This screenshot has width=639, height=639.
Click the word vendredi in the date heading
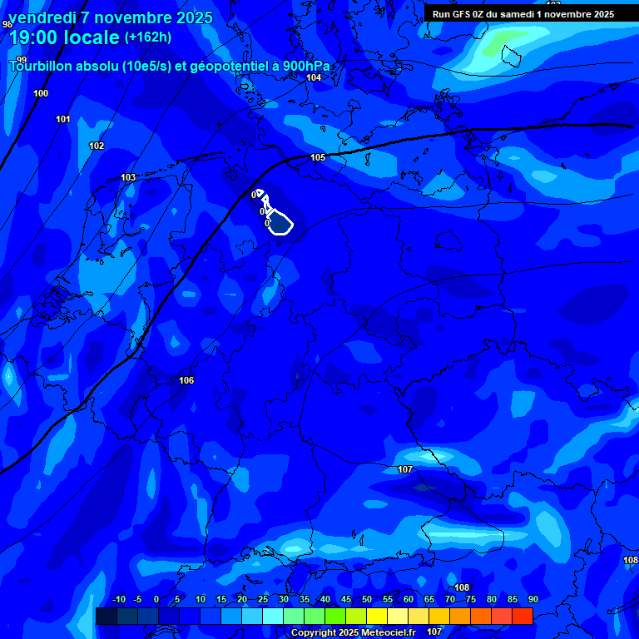(42, 17)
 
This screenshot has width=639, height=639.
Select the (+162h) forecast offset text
(148, 37)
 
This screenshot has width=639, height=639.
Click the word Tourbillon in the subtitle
(43, 67)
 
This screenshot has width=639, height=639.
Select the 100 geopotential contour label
(41, 94)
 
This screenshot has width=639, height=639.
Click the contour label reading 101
(63, 120)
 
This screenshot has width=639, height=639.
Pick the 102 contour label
(97, 146)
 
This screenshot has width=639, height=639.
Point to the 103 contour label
(128, 178)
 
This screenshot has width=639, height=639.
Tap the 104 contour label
(314, 78)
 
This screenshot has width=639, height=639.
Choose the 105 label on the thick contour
(318, 158)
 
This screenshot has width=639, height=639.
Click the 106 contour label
(187, 381)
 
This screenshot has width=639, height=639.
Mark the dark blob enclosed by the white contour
(281, 224)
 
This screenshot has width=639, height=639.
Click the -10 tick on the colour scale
(118, 600)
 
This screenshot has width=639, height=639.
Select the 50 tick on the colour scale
(367, 600)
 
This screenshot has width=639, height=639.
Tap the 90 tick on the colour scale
(532, 600)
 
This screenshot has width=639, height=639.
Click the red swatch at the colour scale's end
(523, 616)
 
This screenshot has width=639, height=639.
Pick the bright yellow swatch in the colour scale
(377, 616)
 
